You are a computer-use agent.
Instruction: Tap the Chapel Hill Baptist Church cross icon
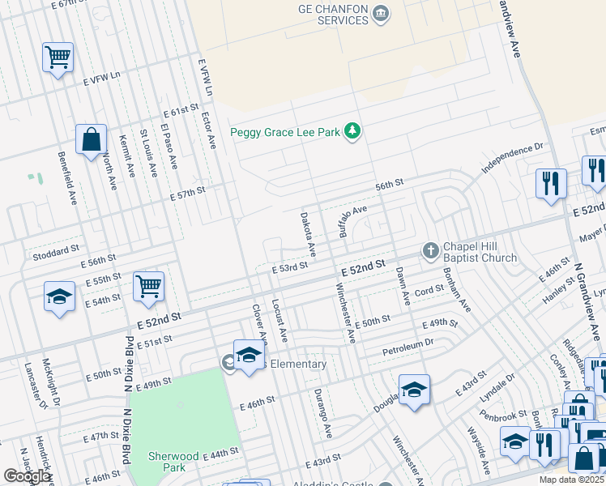click(x=430, y=251)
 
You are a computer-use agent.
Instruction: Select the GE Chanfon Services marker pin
click(x=383, y=13)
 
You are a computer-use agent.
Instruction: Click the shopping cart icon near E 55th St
click(x=148, y=285)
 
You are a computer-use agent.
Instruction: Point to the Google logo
click(x=28, y=475)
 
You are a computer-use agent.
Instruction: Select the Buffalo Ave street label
click(x=353, y=220)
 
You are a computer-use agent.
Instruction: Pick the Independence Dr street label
click(x=513, y=159)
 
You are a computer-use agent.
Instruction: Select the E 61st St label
click(x=180, y=109)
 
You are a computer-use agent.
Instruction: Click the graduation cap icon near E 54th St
click(x=60, y=297)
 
